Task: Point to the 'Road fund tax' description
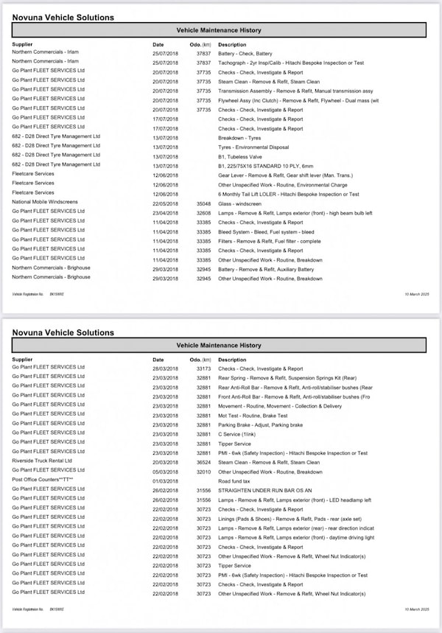(237, 480)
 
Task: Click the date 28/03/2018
(164, 368)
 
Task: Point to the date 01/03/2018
(164, 480)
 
